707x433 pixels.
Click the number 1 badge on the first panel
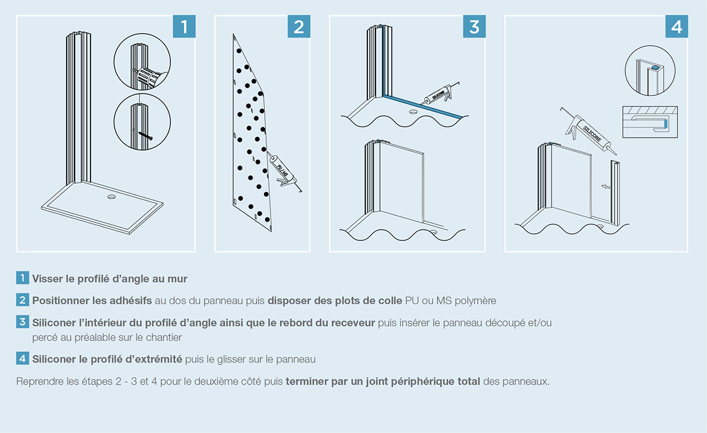coord(184,27)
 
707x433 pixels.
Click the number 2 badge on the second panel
coord(299,27)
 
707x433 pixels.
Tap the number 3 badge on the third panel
coord(475,27)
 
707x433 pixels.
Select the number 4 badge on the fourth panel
coord(676,27)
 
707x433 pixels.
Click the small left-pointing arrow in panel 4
coord(606,186)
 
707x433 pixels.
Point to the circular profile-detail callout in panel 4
coord(649,71)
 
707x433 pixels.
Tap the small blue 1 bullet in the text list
coord(22,278)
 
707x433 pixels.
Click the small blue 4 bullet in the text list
coord(22,359)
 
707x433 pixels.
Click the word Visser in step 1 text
coord(47,279)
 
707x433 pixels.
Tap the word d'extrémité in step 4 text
coord(157,359)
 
